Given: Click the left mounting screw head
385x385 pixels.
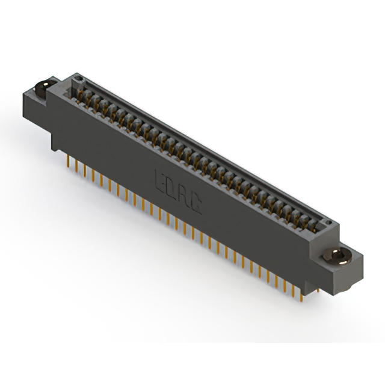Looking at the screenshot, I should pos(42,88).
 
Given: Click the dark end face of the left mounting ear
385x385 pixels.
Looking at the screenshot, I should pos(32,109).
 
